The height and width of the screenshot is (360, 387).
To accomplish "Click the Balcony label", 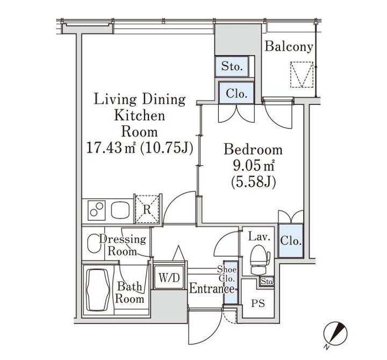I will pyautogui.click(x=289, y=47).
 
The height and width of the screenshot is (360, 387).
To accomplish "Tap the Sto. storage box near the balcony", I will pyautogui.click(x=232, y=67).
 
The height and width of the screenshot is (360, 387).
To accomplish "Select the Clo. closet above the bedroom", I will pyautogui.click(x=236, y=93).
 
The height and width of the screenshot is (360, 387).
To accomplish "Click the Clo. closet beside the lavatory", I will pyautogui.click(x=291, y=239).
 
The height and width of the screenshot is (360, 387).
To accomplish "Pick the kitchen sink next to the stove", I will pyautogui.click(x=119, y=210).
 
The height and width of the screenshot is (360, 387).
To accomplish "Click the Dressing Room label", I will pyautogui.click(x=126, y=245).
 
